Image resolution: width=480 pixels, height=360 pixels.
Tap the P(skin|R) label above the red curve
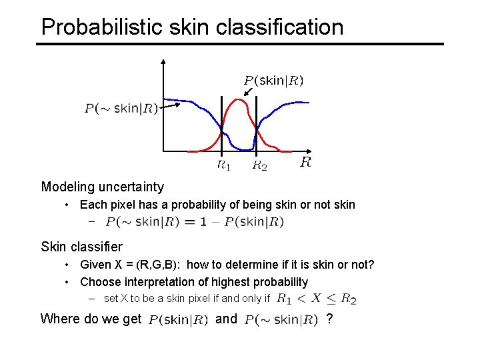click(x=273, y=81)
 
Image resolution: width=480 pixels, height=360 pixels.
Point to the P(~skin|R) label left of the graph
click(x=121, y=109)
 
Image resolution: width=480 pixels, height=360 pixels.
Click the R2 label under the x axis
click(x=259, y=165)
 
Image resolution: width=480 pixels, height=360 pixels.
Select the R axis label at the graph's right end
click(x=305, y=162)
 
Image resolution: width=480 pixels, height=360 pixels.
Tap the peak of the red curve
click(x=237, y=100)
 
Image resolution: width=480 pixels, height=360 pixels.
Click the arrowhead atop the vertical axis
click(x=163, y=61)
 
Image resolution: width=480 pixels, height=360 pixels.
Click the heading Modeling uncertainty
click(x=102, y=187)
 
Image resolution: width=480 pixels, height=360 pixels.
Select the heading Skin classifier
click(x=81, y=247)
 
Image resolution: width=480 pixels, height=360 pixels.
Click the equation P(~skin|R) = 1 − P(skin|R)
click(x=195, y=222)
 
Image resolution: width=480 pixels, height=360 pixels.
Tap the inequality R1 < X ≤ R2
click(x=316, y=299)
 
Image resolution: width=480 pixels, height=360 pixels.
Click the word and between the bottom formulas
click(x=227, y=319)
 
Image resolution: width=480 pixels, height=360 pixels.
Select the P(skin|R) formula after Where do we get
click(x=178, y=320)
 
